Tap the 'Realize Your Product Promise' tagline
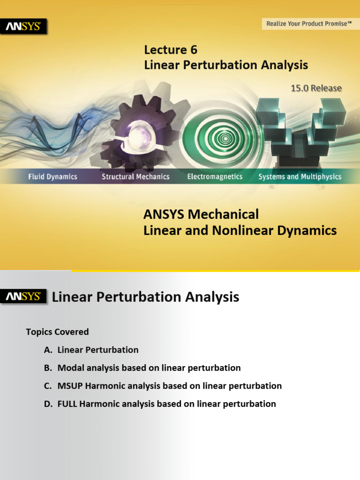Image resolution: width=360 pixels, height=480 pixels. tap(308, 23)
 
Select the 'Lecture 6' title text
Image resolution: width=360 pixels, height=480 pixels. tap(171, 50)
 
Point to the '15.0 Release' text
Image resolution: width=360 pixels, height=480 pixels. tap(316, 88)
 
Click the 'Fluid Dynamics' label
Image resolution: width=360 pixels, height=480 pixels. tap(52, 177)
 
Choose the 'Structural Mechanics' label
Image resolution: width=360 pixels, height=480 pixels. tap(136, 177)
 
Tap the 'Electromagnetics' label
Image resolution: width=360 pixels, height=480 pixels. tap(215, 177)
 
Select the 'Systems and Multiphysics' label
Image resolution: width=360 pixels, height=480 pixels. tap(300, 177)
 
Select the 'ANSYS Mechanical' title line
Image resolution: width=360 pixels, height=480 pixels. tap(201, 215)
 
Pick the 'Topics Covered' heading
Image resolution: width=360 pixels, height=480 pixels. tap(57, 332)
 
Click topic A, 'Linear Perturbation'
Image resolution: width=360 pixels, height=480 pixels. tap(98, 350)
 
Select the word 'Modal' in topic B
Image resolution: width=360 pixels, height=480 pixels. tap(70, 368)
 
